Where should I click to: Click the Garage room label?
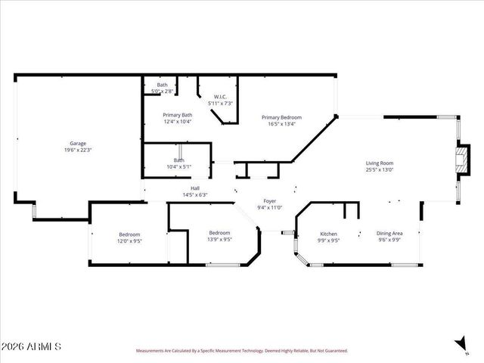(78, 143)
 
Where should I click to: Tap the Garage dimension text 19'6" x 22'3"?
(78, 150)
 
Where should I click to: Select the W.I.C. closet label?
(220, 96)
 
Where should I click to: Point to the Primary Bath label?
(177, 115)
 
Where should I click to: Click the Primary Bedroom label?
(281, 117)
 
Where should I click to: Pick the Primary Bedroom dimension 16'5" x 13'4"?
(281, 124)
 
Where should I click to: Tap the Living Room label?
(380, 163)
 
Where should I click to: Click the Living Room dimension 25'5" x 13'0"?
(380, 170)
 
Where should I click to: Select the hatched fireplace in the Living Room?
(462, 160)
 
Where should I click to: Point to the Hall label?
(195, 188)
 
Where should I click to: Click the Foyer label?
(269, 200)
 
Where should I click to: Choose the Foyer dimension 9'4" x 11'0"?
(269, 207)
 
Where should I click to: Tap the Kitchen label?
(328, 234)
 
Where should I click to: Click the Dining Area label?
(389, 234)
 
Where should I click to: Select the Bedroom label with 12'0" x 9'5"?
(130, 234)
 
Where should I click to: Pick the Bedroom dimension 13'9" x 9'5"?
(219, 240)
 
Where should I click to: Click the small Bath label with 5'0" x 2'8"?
(163, 85)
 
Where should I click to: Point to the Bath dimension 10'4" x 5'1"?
(179, 166)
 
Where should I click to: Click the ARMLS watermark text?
(31, 347)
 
